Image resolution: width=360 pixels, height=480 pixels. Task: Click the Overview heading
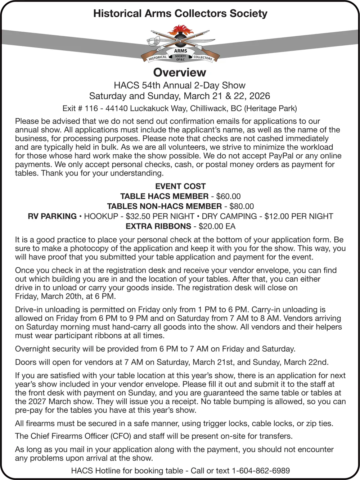[x=180, y=72]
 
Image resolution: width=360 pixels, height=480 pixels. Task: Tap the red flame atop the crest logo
[x=180, y=30]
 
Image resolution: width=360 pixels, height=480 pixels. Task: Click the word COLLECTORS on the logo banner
[x=203, y=58]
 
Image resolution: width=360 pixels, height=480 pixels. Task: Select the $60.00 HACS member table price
[x=228, y=196]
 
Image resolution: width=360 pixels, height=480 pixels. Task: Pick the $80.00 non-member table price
[x=241, y=207]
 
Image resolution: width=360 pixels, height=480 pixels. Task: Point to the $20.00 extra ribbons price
[x=210, y=227]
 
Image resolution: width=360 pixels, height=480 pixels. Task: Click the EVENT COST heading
[x=180, y=186]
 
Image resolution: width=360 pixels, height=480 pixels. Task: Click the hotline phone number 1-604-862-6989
[x=261, y=471]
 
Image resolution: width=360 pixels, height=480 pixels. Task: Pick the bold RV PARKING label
[x=52, y=217]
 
